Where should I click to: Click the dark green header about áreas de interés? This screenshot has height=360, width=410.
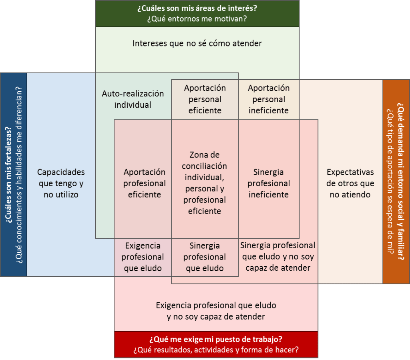[x=197, y=14]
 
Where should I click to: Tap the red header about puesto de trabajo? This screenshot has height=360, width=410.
[x=216, y=344]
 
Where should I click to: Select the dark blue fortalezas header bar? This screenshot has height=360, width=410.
[x=14, y=175]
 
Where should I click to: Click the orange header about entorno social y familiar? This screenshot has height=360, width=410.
[x=396, y=181]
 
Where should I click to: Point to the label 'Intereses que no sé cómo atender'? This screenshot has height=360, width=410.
[x=197, y=43]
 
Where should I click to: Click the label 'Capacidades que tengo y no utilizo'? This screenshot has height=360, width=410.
[x=61, y=183]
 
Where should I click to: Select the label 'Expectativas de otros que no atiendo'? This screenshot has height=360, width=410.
[x=350, y=183]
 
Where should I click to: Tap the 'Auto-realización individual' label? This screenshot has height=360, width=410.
[x=133, y=99]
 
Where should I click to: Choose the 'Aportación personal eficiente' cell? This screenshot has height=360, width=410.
[x=205, y=99]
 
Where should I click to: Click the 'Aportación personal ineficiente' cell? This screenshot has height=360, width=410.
[x=268, y=99]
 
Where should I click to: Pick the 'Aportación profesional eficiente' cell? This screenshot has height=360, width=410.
[x=144, y=183]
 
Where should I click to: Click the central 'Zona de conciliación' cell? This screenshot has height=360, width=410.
[x=205, y=183]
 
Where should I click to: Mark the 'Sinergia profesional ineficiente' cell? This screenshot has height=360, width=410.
[x=268, y=183]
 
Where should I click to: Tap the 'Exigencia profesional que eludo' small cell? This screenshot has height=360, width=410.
[x=143, y=257]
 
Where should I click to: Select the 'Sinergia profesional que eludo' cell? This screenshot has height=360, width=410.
[x=205, y=257]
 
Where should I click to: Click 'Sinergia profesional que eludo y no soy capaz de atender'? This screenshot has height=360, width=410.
[x=278, y=257]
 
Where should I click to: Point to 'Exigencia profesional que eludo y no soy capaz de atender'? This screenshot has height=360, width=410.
[x=216, y=311]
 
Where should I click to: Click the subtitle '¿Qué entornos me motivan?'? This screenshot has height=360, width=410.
[x=197, y=19]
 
